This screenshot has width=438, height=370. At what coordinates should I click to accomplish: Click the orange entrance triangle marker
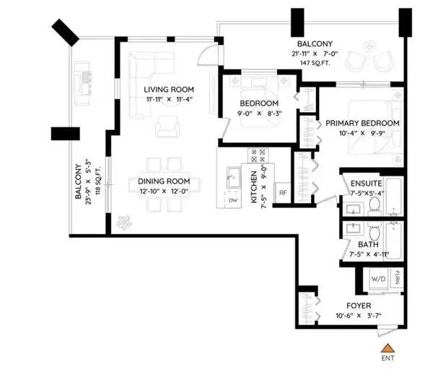pyautogui.click(x=387, y=348)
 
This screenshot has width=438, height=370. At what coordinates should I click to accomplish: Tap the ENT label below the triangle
pyautogui.click(x=387, y=358)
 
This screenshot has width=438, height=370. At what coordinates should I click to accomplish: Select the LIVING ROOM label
pyautogui.click(x=169, y=90)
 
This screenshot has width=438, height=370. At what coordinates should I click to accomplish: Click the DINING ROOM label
pyautogui.click(x=164, y=181)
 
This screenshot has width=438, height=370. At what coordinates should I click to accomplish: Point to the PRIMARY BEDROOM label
pyautogui.click(x=362, y=123)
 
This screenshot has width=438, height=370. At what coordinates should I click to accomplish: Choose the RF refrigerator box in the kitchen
pyautogui.click(x=283, y=192)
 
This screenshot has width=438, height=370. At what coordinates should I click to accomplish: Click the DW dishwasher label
pyautogui.click(x=233, y=200)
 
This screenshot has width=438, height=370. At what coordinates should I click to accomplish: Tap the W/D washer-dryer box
pyautogui.click(x=378, y=279)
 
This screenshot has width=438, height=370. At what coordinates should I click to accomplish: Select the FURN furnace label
pyautogui.click(x=397, y=277)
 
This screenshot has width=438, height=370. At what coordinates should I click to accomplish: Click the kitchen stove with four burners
pyautogui.click(x=258, y=156)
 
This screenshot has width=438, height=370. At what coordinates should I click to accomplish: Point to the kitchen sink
pyautogui.click(x=233, y=177)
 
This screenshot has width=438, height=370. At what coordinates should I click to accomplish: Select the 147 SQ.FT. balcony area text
pyautogui.click(x=315, y=63)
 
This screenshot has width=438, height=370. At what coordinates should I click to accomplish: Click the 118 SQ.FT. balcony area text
pyautogui.click(x=98, y=181)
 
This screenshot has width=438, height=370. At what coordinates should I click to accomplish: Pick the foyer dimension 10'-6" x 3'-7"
pyautogui.click(x=359, y=316)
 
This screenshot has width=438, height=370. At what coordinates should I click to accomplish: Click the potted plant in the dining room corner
pyautogui.click(x=123, y=223)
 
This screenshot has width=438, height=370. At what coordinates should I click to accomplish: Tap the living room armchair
pyautogui.click(x=167, y=126)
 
